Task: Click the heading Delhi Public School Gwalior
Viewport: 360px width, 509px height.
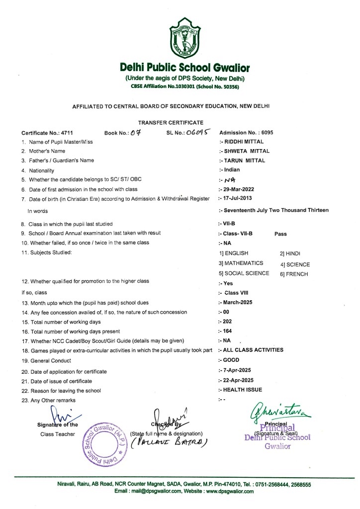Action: pyautogui.click(x=184, y=68)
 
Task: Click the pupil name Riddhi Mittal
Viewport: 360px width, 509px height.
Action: pyautogui.click(x=242, y=142)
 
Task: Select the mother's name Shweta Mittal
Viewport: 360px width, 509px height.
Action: pyautogui.click(x=245, y=151)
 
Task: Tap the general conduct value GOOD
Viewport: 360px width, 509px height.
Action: pyautogui.click(x=229, y=360)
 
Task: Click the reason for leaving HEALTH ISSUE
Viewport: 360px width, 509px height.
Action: pyautogui.click(x=242, y=389)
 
